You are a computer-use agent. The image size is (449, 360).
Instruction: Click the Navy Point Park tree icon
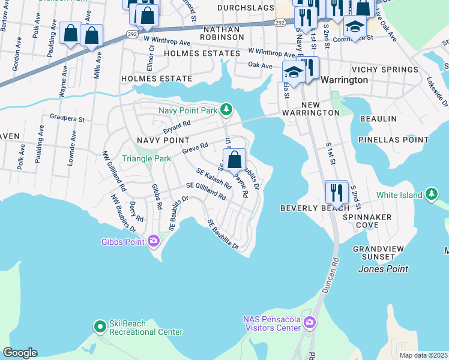(226, 109)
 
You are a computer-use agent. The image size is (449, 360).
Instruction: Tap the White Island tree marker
(432, 194)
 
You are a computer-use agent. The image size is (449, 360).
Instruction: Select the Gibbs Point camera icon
(154, 241)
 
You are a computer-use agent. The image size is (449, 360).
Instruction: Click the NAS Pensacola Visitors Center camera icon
(310, 323)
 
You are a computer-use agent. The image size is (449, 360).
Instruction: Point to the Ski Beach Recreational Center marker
(100, 327)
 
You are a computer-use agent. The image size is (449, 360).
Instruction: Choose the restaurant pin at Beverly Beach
(336, 192)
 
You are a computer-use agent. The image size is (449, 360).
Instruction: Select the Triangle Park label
(146, 158)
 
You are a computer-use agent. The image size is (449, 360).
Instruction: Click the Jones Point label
(383, 269)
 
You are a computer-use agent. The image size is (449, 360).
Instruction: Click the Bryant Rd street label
(176, 127)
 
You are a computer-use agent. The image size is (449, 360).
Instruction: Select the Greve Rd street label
(195, 147)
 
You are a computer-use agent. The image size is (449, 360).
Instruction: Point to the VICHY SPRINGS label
(385, 70)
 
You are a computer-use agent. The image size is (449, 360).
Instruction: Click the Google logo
(20, 353)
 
